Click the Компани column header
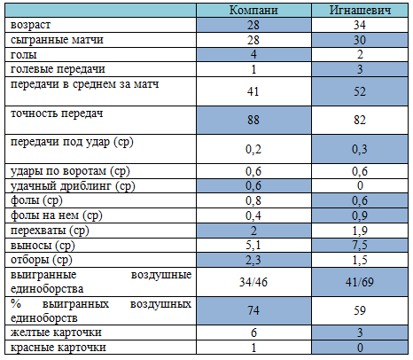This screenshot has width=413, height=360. coord(253,10)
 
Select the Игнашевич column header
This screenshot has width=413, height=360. coord(360,10)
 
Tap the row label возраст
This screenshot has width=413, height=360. coord(30,25)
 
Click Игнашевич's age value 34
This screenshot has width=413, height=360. coord(360,25)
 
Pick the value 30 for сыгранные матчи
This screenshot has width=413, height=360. coord(360,40)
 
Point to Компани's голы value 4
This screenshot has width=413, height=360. coord(253,55)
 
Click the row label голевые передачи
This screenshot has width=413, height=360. coord(58,69)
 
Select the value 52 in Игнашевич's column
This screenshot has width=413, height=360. coord(360,91)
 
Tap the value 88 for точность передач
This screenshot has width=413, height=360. coord(253,120)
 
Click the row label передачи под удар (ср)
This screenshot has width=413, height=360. coord(72,142)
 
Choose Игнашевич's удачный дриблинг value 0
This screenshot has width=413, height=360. coord(360,185)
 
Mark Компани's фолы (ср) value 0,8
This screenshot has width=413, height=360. coord(253,200)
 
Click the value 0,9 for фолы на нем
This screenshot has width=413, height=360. coord(360,215)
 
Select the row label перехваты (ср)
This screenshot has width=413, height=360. coord(50,231)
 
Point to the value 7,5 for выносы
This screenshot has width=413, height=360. coord(360,246)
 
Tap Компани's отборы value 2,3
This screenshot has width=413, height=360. coord(253,260)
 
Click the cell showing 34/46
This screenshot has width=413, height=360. coord(253,282)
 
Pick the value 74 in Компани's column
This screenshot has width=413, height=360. coord(253,310)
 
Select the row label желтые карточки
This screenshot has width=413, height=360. coord(56,333)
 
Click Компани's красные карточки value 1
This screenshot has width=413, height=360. coord(253,348)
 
